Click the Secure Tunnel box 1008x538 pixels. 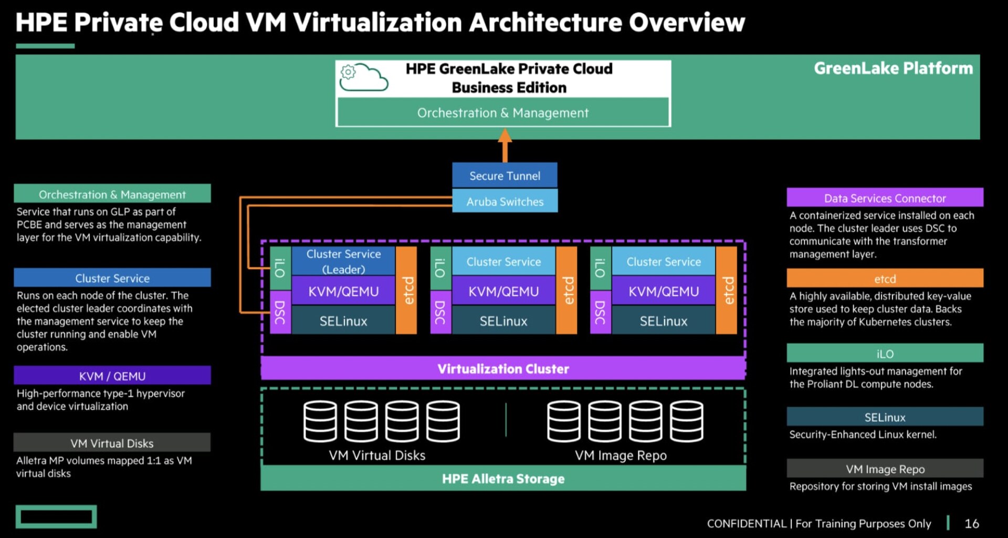(505, 175)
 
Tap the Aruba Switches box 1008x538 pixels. (505, 201)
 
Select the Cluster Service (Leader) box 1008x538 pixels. (343, 261)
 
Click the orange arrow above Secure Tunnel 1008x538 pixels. (505, 144)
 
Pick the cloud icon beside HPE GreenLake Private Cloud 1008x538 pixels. (363, 77)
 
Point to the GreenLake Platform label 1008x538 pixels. (893, 68)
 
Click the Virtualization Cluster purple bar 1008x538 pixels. (503, 368)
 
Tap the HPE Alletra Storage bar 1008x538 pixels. (503, 479)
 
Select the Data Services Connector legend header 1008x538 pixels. (885, 198)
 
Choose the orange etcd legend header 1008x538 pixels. (885, 278)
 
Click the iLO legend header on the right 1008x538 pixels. (885, 354)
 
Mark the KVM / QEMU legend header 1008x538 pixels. (112, 376)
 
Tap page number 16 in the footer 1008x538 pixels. (972, 523)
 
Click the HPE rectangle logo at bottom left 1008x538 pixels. (56, 516)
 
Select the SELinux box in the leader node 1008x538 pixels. (343, 320)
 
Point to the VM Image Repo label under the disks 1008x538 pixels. (621, 455)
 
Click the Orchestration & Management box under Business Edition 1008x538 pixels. (503, 112)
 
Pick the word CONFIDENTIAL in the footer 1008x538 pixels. (747, 523)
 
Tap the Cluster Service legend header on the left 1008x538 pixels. (112, 278)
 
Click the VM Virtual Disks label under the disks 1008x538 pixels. (377, 455)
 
